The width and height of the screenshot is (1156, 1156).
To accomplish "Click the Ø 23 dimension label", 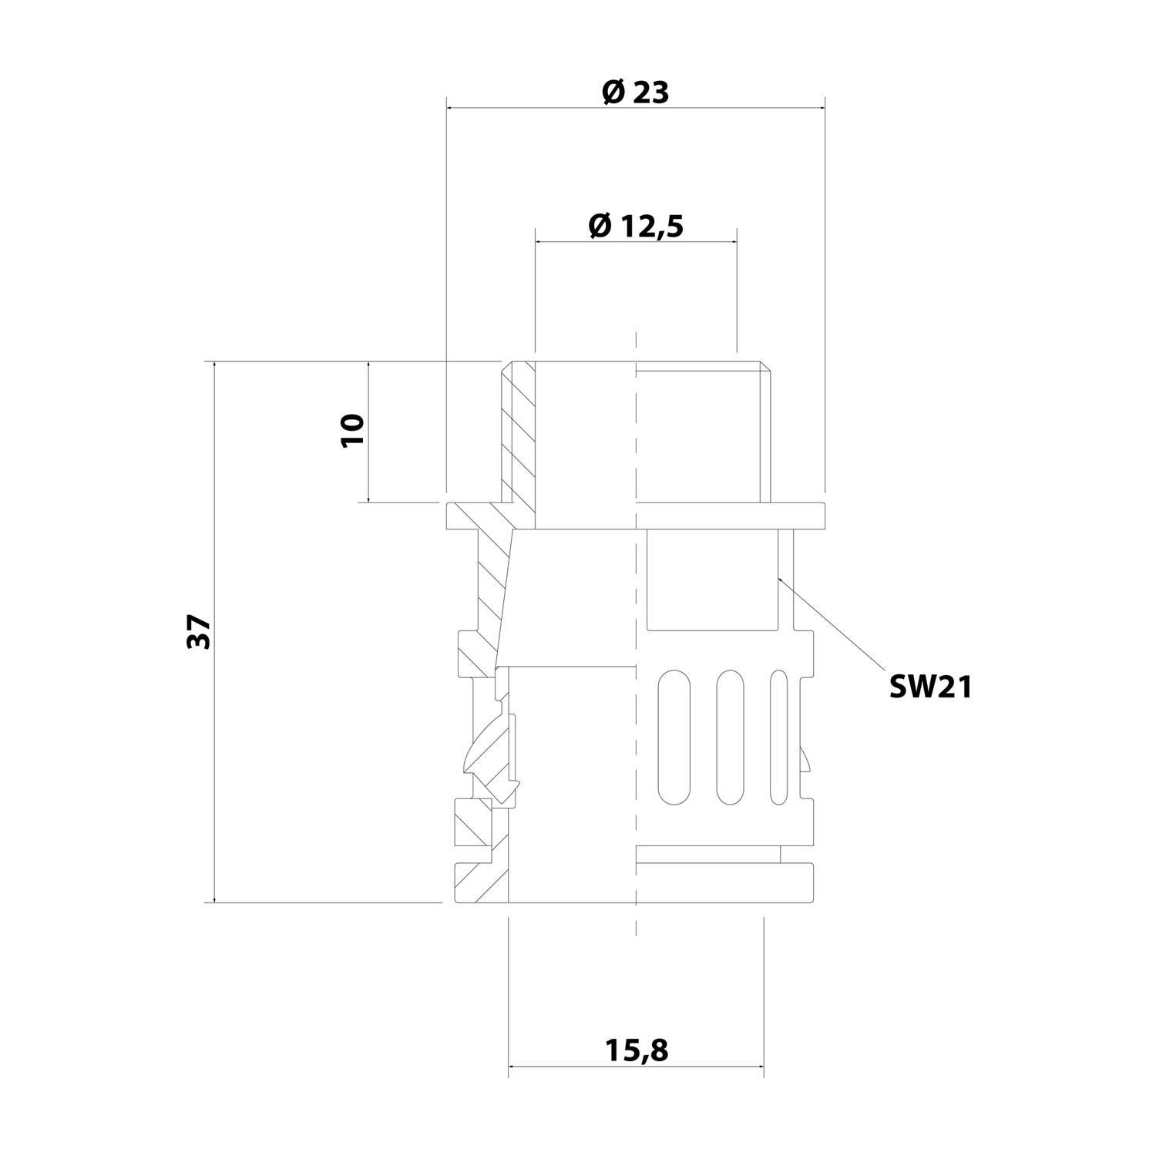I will (x=635, y=92).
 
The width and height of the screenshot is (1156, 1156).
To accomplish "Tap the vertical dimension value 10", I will (x=353, y=430).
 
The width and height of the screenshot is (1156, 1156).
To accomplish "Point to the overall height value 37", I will (x=199, y=632).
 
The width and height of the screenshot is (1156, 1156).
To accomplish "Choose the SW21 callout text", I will (x=930, y=687).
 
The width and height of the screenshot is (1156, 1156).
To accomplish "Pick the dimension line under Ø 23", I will (x=635, y=109).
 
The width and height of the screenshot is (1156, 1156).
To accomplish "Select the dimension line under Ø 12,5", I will (x=635, y=242).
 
